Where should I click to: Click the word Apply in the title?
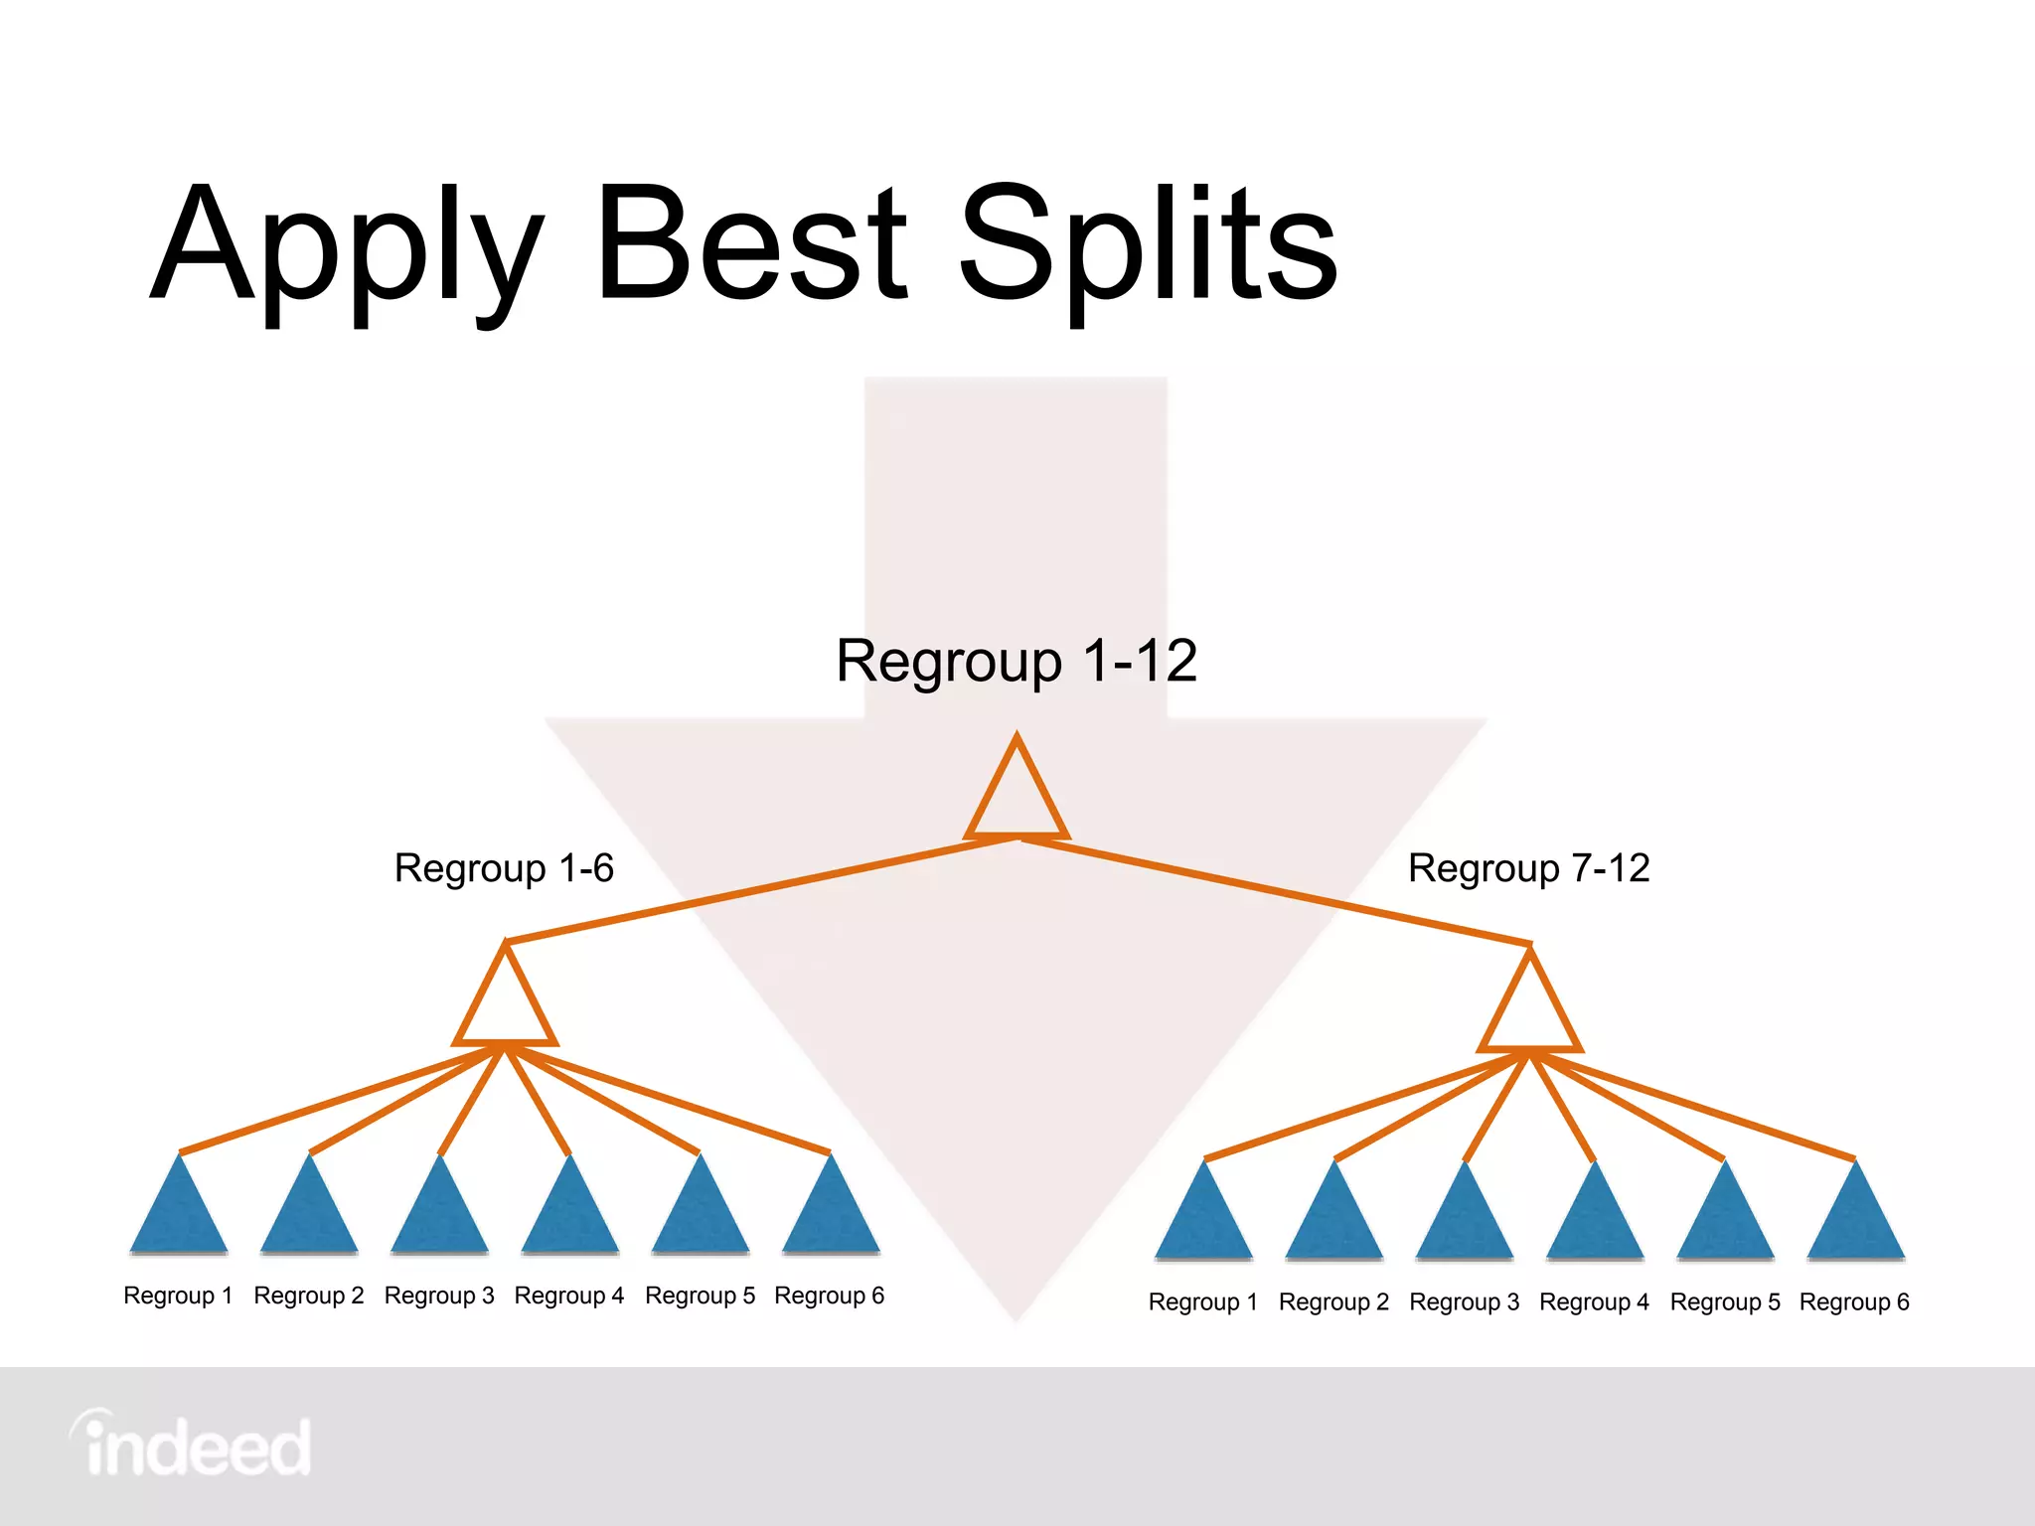(x=348, y=248)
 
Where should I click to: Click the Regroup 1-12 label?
(x=1017, y=661)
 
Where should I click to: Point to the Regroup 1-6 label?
(x=504, y=868)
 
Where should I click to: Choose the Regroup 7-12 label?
(x=1528, y=868)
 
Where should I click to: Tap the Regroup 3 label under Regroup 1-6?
(x=439, y=1296)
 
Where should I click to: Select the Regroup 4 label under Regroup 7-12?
(x=1594, y=1302)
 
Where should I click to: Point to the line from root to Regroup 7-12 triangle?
(x=1277, y=891)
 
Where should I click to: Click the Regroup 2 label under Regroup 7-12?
(x=1333, y=1302)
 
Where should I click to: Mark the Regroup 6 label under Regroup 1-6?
(x=829, y=1296)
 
